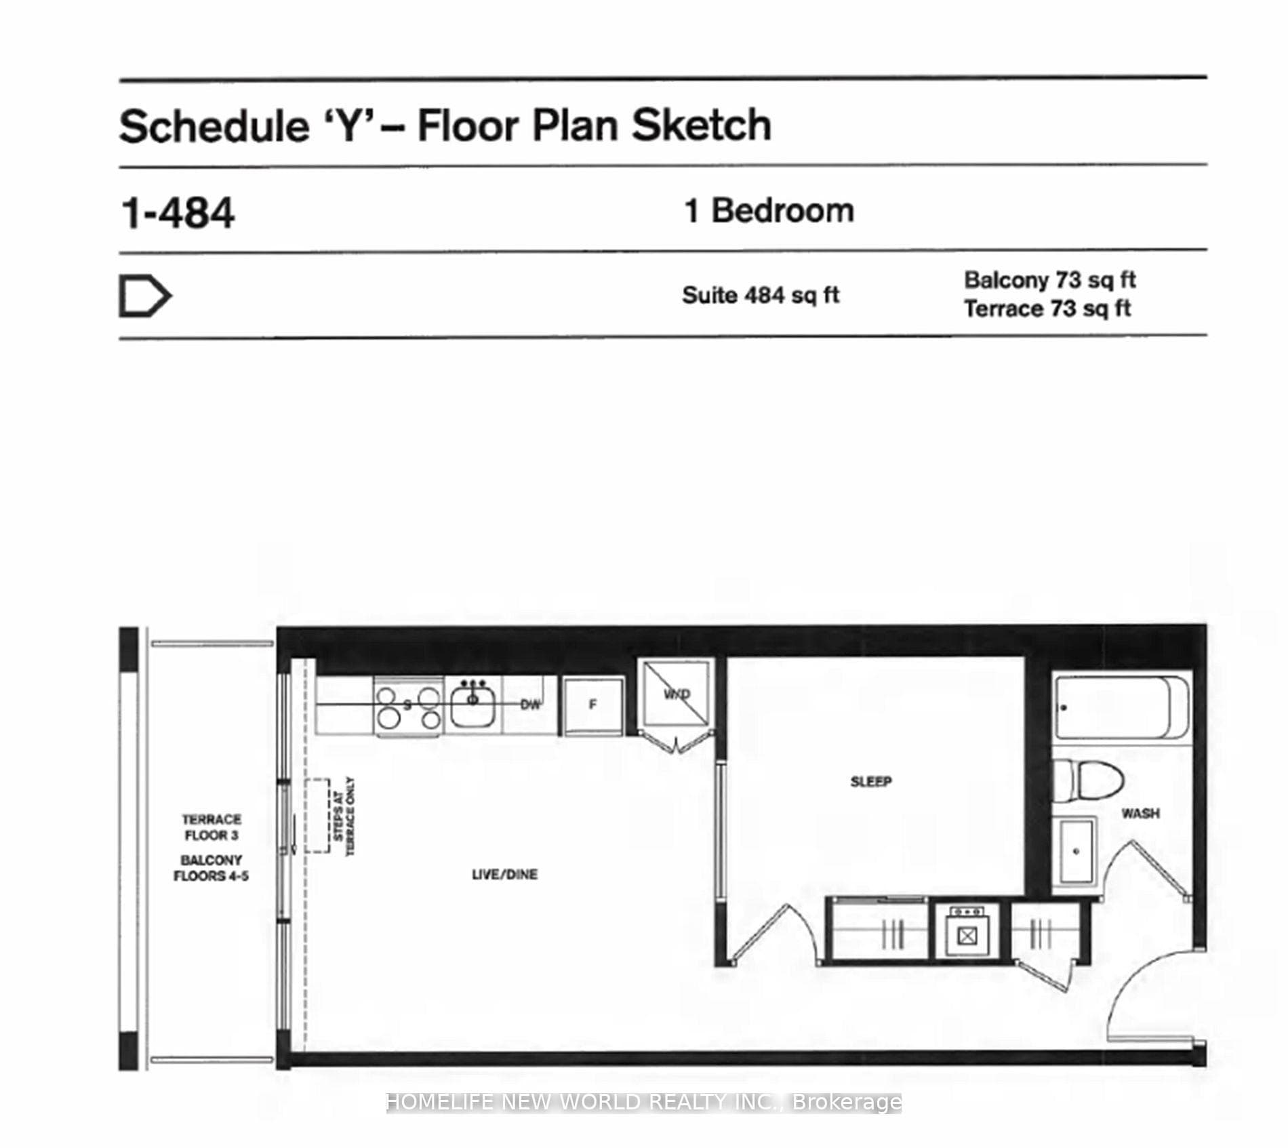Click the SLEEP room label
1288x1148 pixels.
pyautogui.click(x=870, y=782)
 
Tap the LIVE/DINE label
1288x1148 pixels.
pyautogui.click(x=504, y=875)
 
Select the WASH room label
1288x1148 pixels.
pyautogui.click(x=1140, y=813)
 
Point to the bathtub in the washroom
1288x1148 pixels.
pyautogui.click(x=1122, y=707)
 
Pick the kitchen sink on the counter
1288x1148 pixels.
pyautogui.click(x=472, y=703)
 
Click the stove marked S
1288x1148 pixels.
pyautogui.click(x=408, y=707)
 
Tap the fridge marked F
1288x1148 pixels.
pyautogui.click(x=592, y=705)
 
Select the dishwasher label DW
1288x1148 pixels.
pyautogui.click(x=530, y=705)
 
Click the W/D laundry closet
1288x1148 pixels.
pyautogui.click(x=677, y=694)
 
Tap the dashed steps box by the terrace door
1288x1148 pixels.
pyautogui.click(x=317, y=815)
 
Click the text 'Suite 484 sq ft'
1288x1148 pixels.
pyautogui.click(x=761, y=295)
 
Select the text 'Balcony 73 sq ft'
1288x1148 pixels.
pyautogui.click(x=1049, y=280)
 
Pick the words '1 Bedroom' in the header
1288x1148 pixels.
pyautogui.click(x=769, y=211)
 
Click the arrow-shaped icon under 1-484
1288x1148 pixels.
pyautogui.click(x=145, y=296)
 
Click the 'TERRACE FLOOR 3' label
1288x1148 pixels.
pyautogui.click(x=212, y=827)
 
